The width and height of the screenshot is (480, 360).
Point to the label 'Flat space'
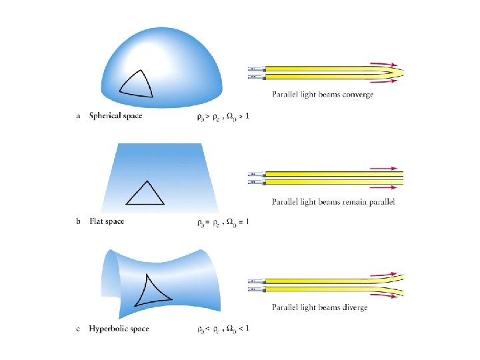(x=107, y=221)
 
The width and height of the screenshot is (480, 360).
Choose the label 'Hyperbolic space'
(x=119, y=329)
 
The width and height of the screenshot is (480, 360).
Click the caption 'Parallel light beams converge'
(x=323, y=95)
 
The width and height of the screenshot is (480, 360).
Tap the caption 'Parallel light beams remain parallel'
(x=333, y=201)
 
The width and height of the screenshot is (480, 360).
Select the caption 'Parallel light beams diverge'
(x=319, y=307)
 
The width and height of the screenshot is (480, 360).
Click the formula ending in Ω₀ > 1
(x=223, y=116)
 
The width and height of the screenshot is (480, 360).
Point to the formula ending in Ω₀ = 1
(x=223, y=222)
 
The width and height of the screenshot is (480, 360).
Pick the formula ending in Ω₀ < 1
(x=223, y=329)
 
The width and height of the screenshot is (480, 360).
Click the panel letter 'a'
(x=79, y=116)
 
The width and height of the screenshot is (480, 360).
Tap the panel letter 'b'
(x=79, y=221)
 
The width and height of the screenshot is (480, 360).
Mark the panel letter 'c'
(x=79, y=329)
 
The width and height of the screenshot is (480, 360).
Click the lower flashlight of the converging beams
(x=257, y=77)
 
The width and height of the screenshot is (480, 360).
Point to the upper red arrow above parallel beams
(x=387, y=169)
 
